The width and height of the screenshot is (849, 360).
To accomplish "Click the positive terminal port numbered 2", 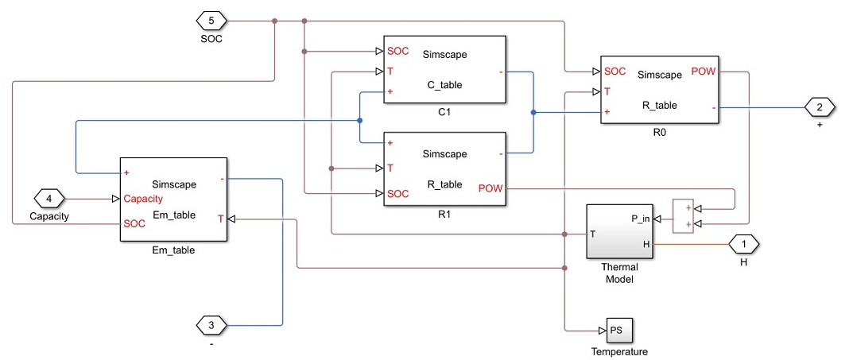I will (x=820, y=106).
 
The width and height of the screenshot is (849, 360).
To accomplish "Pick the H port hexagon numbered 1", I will (x=744, y=243).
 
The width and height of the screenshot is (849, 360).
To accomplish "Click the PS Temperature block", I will (x=619, y=330).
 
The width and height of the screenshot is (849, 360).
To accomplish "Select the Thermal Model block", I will (x=620, y=231).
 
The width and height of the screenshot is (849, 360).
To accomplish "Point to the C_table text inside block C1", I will (x=444, y=85).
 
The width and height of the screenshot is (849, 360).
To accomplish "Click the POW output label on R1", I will (x=491, y=188).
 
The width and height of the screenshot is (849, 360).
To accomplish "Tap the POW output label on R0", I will (x=704, y=72).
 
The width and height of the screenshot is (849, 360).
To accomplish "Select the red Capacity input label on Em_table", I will (x=143, y=199).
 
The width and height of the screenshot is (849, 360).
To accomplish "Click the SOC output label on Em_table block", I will (x=134, y=224).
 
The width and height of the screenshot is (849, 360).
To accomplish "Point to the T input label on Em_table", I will (x=221, y=217).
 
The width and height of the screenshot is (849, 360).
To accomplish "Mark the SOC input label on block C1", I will (x=398, y=52).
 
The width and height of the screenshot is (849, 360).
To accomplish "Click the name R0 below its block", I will (x=658, y=134).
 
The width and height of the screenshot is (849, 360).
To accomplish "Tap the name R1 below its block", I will (x=444, y=215).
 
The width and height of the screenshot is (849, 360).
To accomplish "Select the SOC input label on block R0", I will (x=614, y=72).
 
